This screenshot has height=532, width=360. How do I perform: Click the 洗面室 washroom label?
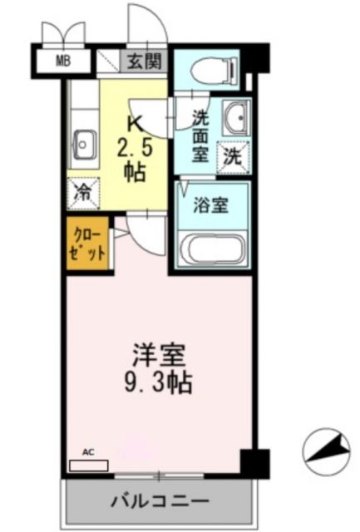200,134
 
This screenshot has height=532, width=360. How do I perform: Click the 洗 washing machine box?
232,155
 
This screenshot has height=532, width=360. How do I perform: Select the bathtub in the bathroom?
213,249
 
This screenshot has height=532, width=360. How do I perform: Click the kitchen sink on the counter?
84,146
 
